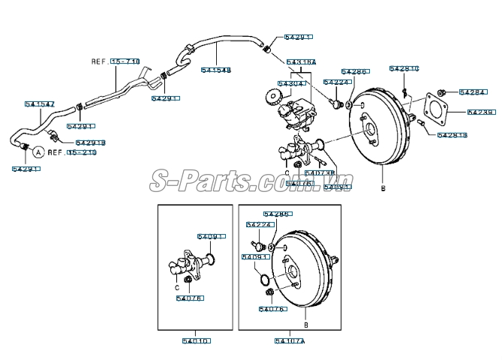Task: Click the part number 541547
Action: pyautogui.click(x=40, y=104)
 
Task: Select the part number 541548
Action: pyautogui.click(x=216, y=70)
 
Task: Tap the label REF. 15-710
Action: pyautogui.click(x=116, y=61)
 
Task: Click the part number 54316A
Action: pyautogui.click(x=301, y=61)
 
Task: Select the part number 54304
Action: pyautogui.click(x=291, y=83)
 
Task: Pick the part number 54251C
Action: pyautogui.click(x=404, y=69)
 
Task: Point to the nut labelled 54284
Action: pyautogui.click(x=443, y=92)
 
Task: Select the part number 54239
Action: pyautogui.click(x=481, y=112)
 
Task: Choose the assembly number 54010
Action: pyautogui.click(x=197, y=340)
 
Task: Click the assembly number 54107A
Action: pyautogui.click(x=290, y=340)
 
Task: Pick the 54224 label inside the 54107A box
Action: pyautogui.click(x=259, y=224)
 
